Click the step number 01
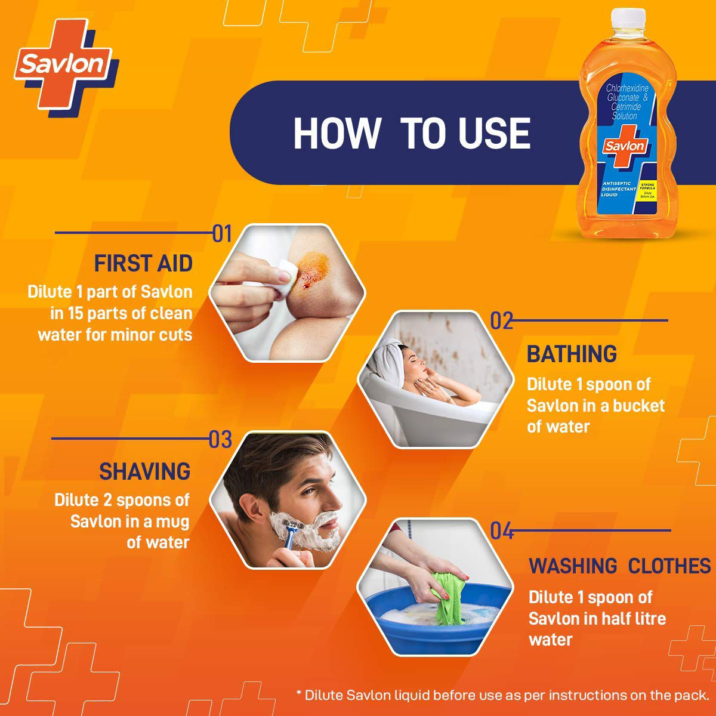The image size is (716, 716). pyautogui.click(x=221, y=234)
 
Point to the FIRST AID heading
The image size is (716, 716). pyautogui.click(x=143, y=263)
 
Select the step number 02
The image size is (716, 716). pyautogui.click(x=501, y=320)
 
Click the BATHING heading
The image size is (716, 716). pyautogui.click(x=572, y=354)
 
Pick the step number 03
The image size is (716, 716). pyautogui.click(x=220, y=440)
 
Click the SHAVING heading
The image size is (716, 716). pyautogui.click(x=144, y=471)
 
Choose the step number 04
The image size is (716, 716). pyautogui.click(x=501, y=530)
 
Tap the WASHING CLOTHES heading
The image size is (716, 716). pyautogui.click(x=619, y=565)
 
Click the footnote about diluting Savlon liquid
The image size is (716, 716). pyautogui.click(x=502, y=695)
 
